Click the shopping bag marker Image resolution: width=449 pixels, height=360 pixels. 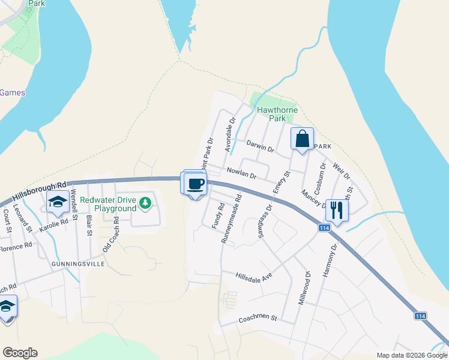[x=302, y=139]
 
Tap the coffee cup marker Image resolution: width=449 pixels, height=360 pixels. [x=196, y=183]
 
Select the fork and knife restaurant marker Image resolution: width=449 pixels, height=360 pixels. [x=337, y=211]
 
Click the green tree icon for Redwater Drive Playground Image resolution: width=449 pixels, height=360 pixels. [x=145, y=204]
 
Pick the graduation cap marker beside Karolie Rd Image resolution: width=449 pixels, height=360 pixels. [x=58, y=202]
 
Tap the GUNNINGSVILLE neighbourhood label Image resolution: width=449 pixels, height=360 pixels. [x=78, y=264]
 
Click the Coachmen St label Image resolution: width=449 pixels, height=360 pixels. [x=258, y=317]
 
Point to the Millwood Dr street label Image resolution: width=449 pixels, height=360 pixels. [x=304, y=287]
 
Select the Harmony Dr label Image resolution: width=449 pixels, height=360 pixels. [x=327, y=260]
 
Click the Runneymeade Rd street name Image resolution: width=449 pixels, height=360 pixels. [x=231, y=218]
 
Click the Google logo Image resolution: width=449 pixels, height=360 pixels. [x=20, y=353]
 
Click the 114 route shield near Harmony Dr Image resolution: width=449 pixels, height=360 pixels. [x=324, y=228]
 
